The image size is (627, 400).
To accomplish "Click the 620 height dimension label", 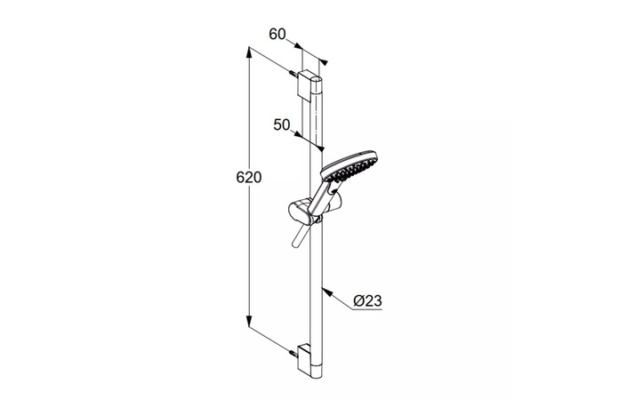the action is [x=249, y=177].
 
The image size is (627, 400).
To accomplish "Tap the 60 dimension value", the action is [x=277, y=35].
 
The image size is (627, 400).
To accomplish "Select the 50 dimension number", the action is [x=282, y=124].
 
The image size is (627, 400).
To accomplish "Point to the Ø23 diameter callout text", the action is [x=368, y=300].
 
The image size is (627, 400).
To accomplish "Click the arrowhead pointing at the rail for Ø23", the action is [x=327, y=292].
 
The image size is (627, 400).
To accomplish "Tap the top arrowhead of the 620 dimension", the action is [x=249, y=53].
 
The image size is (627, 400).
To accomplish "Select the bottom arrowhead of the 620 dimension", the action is [x=249, y=321].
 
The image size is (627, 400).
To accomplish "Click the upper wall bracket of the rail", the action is [x=309, y=85].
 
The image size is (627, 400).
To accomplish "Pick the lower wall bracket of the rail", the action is [x=309, y=356].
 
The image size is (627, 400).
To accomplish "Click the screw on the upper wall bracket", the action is [x=293, y=75].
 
